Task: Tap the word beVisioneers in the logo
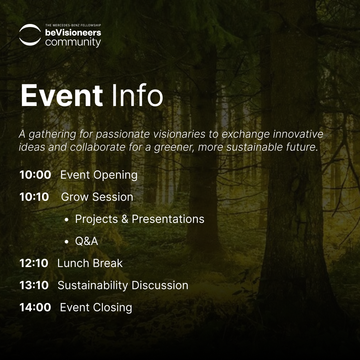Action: [73, 33]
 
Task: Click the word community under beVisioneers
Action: [73, 42]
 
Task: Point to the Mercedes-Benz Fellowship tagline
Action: [73, 25]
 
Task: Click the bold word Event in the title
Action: [62, 95]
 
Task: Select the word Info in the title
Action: [137, 95]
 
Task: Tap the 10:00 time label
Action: [35, 175]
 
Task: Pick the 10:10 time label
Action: [34, 197]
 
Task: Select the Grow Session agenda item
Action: [97, 197]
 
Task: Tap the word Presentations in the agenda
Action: [168, 219]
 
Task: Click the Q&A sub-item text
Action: [87, 241]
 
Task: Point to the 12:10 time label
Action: [34, 263]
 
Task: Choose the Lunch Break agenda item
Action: [90, 263]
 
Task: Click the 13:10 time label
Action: [34, 285]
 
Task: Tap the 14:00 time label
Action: [35, 307]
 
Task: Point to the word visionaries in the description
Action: [179, 134]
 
